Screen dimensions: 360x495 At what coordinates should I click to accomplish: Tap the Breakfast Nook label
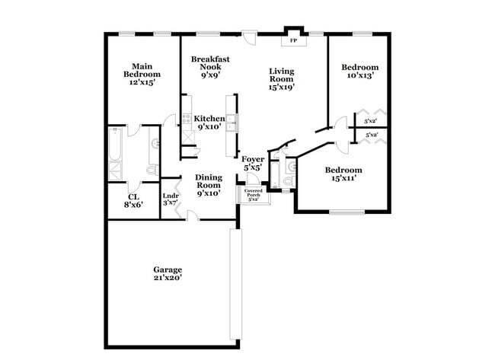pyautogui.click(x=210, y=66)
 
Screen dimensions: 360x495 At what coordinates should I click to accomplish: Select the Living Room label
pyautogui.click(x=282, y=79)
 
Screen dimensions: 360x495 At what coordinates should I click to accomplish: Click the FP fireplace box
pyautogui.click(x=293, y=41)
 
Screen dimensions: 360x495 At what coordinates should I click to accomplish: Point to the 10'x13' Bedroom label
pyautogui.click(x=359, y=71)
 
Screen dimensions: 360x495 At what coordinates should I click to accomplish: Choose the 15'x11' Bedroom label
pyautogui.click(x=343, y=174)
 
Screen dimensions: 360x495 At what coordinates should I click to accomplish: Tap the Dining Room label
pyautogui.click(x=209, y=185)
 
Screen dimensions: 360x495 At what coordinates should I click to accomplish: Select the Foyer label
pyautogui.click(x=254, y=163)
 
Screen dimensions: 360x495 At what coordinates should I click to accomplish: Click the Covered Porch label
pyautogui.click(x=254, y=194)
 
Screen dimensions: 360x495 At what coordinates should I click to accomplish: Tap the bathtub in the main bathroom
pyautogui.click(x=115, y=151)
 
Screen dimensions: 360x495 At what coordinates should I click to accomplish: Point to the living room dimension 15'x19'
pyautogui.click(x=282, y=88)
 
